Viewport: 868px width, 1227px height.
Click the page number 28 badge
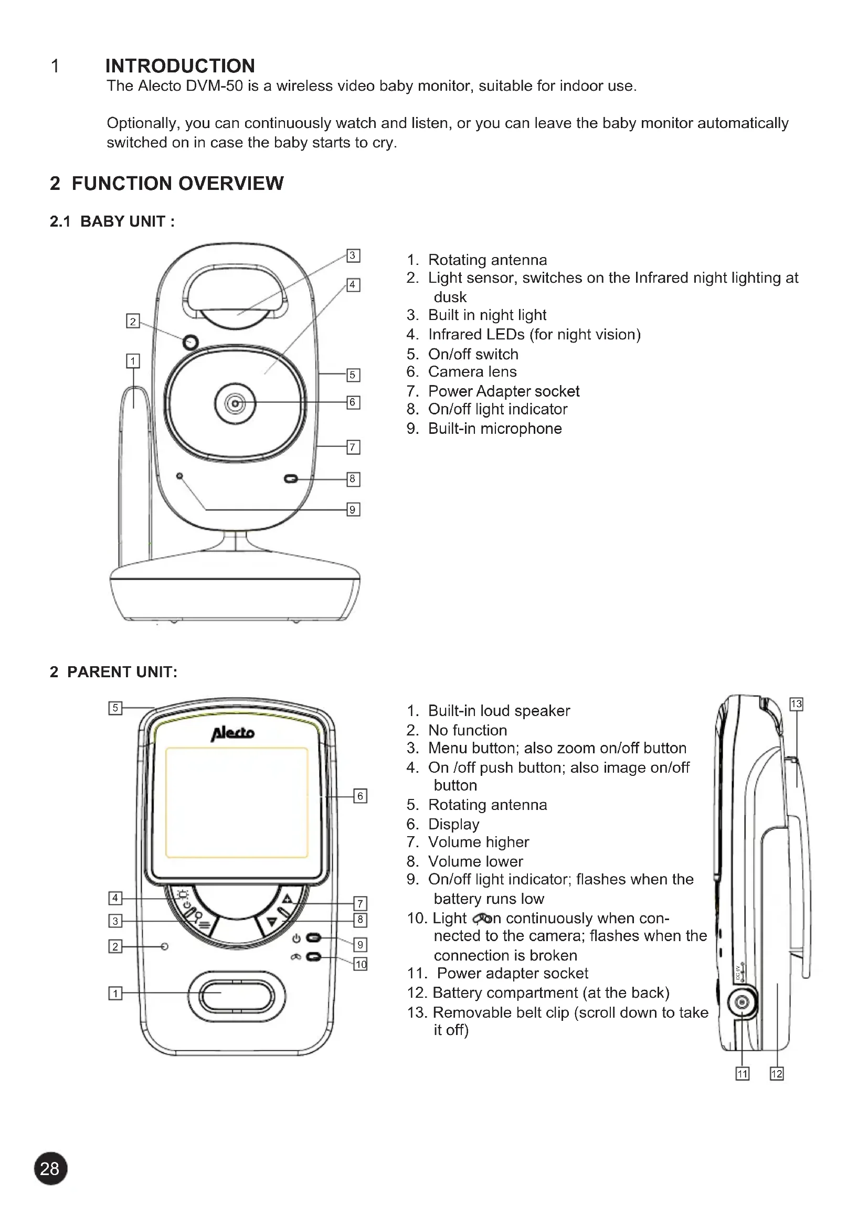point(51,1168)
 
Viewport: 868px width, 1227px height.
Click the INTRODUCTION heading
point(180,66)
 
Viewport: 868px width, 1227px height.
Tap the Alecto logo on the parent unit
point(232,733)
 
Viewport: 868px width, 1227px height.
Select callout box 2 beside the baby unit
point(133,321)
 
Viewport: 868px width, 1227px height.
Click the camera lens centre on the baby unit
point(235,403)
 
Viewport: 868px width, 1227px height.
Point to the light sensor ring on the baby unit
point(190,342)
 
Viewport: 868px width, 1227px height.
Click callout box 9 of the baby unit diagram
point(353,509)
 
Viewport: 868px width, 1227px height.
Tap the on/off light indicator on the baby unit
point(291,479)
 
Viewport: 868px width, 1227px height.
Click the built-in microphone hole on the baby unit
point(179,476)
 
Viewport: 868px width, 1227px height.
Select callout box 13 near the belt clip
point(797,704)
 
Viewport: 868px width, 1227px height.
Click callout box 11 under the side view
point(743,1074)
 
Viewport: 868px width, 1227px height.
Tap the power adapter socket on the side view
point(742,1002)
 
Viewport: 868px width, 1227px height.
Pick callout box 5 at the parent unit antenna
point(115,708)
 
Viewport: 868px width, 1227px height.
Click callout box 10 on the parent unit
point(361,964)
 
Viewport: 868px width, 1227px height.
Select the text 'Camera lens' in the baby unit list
point(472,372)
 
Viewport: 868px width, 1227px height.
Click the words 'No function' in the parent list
point(467,730)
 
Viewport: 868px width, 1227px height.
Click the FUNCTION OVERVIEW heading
point(177,183)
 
